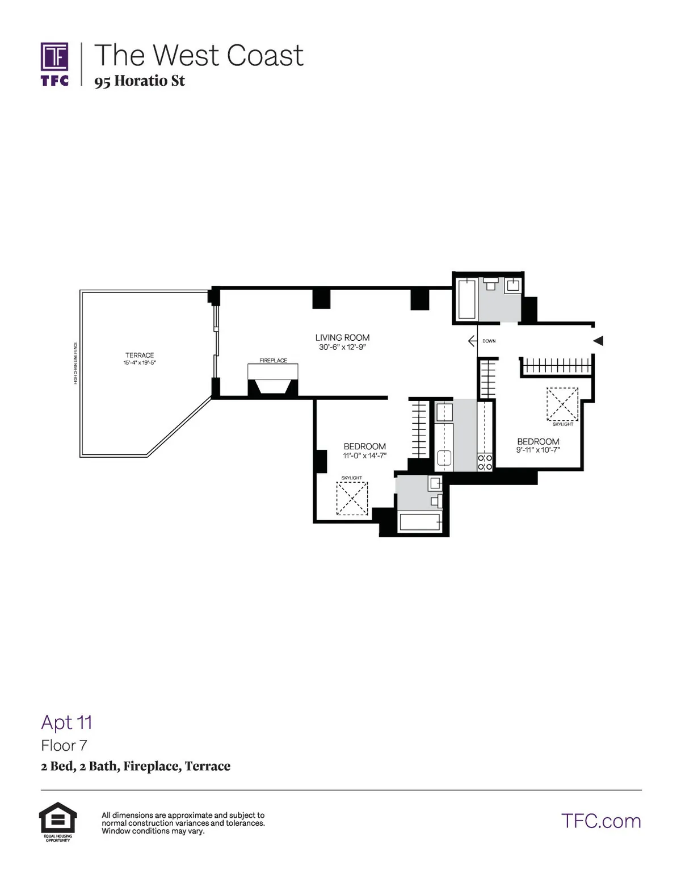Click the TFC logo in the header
pyautogui.click(x=54, y=64)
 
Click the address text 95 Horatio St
pyautogui.click(x=140, y=81)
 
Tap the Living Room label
pyautogui.click(x=342, y=337)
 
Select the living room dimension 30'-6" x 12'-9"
pyautogui.click(x=342, y=347)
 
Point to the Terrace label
pyautogui.click(x=140, y=355)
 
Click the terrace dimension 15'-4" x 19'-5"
pyautogui.click(x=140, y=362)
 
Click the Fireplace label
pyautogui.click(x=273, y=360)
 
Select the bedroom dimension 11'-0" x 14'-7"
pyautogui.click(x=364, y=455)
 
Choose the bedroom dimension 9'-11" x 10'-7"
pyautogui.click(x=538, y=450)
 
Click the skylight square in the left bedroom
pyautogui.click(x=352, y=498)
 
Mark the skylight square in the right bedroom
pyautogui.click(x=562, y=404)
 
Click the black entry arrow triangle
pyautogui.click(x=598, y=341)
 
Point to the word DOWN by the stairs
pyautogui.click(x=489, y=341)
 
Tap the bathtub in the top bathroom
pyautogui.click(x=466, y=299)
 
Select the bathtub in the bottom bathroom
pyautogui.click(x=420, y=522)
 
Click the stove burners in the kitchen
pyautogui.click(x=485, y=462)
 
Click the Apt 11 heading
pyautogui.click(x=66, y=722)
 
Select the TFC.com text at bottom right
pyautogui.click(x=601, y=821)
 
